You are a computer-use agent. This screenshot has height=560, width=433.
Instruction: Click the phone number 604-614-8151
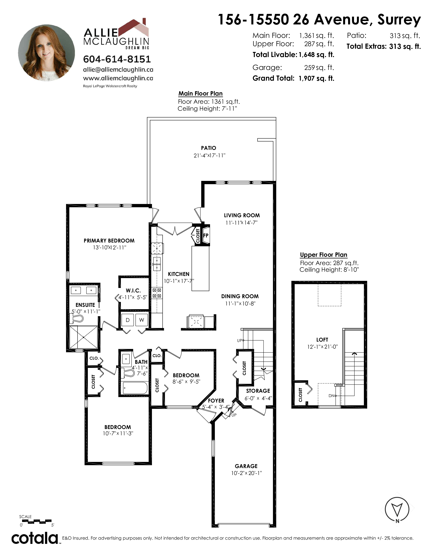[x=117, y=59]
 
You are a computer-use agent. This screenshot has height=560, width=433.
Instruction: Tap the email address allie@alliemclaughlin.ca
[x=118, y=69]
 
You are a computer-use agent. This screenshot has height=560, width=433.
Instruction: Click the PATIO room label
[x=209, y=148]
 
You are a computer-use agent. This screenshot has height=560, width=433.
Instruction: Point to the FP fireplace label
[x=206, y=235]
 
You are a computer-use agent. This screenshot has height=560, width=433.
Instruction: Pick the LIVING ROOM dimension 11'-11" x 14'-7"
[x=241, y=223]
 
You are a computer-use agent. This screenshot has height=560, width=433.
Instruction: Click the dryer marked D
[x=128, y=320]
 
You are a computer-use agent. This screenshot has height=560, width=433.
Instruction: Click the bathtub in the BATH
[x=135, y=388]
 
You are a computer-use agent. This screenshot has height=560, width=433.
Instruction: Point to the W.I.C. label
[x=133, y=291]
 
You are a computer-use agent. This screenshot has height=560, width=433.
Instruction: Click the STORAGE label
[x=258, y=391]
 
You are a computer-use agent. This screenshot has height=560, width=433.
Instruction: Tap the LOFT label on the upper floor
[x=322, y=340]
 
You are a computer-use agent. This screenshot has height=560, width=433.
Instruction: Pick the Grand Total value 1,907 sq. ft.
[x=317, y=78]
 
